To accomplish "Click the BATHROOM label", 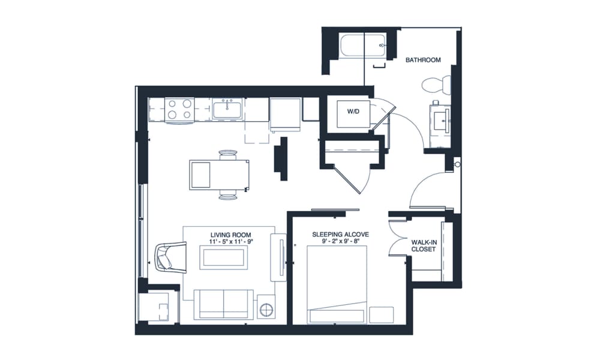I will tap(423, 60).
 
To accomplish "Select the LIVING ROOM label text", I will tap(230, 234).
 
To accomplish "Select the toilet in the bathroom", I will tap(436, 85).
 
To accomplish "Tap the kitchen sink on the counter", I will tap(227, 110).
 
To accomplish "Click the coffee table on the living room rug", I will tap(224, 257).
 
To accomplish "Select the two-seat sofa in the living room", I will tap(224, 304).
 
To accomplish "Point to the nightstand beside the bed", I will tap(381, 314).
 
